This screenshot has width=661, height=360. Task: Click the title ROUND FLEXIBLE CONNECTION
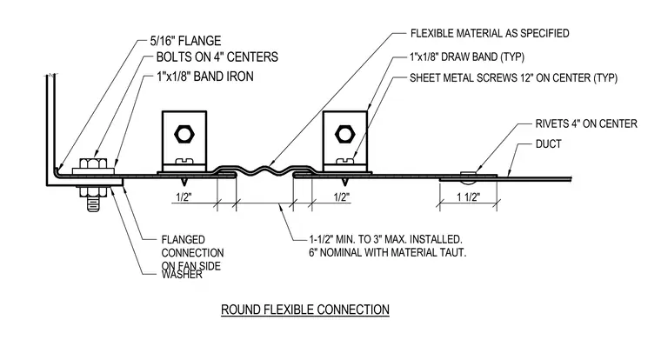click(x=304, y=310)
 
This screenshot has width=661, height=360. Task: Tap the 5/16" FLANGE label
click(x=185, y=41)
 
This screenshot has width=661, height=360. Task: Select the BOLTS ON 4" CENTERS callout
click(x=217, y=57)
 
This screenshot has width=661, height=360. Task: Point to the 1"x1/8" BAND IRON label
click(x=205, y=77)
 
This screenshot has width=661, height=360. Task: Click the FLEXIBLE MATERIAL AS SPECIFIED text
click(x=490, y=33)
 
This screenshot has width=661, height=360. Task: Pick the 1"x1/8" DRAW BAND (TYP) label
click(x=467, y=57)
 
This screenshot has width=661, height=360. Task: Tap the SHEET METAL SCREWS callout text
click(x=513, y=78)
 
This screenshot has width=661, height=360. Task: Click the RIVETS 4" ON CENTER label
click(x=586, y=123)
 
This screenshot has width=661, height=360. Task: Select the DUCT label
click(x=549, y=144)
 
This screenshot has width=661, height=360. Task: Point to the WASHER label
click(x=182, y=275)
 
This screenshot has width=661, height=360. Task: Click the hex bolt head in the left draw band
click(x=184, y=135)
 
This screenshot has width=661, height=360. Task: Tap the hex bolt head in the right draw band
click(x=344, y=135)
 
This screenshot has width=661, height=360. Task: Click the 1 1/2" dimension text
click(x=468, y=197)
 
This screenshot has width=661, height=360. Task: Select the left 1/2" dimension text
click(x=184, y=197)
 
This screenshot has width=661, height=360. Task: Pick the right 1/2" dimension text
click(x=342, y=197)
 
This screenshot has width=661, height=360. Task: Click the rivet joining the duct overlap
click(x=468, y=177)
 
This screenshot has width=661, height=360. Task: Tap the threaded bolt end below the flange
click(x=94, y=204)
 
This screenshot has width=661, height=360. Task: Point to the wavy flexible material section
click(x=264, y=170)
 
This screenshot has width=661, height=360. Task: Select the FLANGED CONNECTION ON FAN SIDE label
click(x=192, y=253)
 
